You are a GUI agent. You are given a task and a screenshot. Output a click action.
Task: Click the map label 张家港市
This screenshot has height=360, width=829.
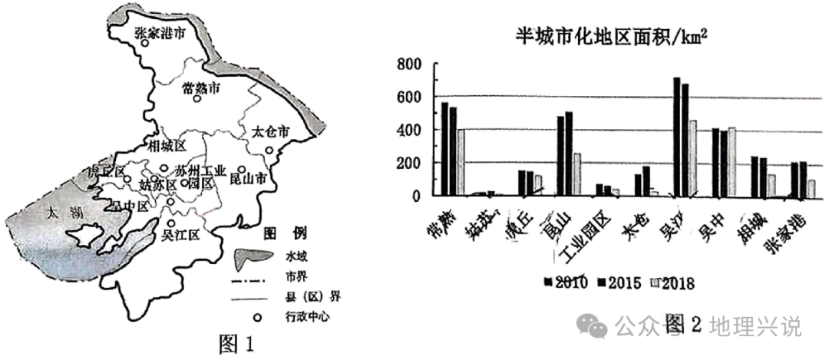point(160,35)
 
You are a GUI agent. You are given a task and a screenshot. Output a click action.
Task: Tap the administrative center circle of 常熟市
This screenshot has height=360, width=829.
point(197,99)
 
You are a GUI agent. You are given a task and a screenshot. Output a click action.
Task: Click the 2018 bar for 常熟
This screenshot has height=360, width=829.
point(461,162)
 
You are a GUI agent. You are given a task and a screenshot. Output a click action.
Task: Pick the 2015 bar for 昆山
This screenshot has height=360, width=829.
point(569,154)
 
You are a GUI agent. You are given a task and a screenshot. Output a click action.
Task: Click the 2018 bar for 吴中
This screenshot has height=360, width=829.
point(732,161)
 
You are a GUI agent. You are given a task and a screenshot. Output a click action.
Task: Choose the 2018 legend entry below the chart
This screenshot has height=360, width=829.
point(672,283)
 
